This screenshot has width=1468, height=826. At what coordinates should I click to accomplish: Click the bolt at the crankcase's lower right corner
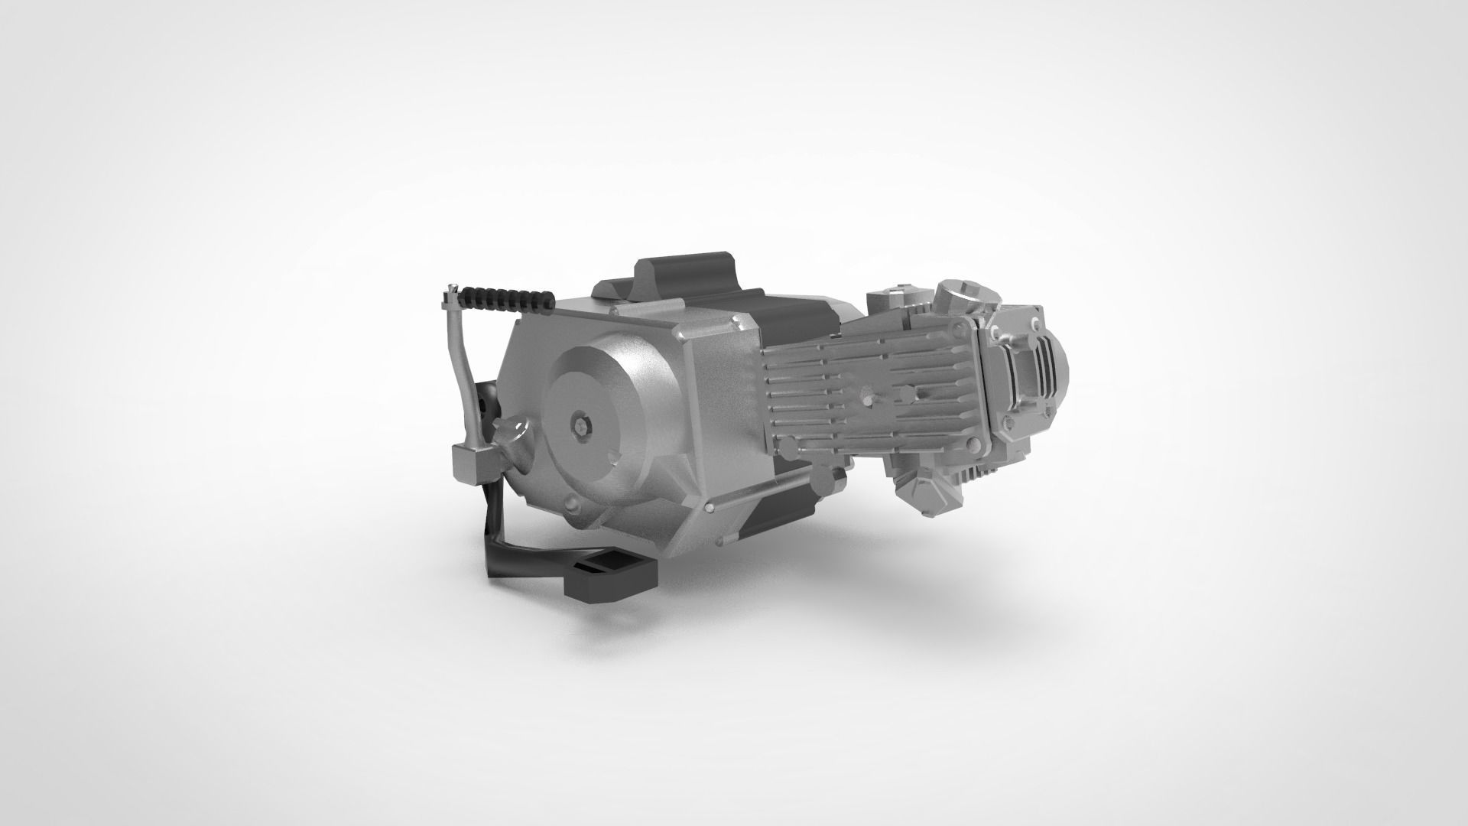712,507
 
